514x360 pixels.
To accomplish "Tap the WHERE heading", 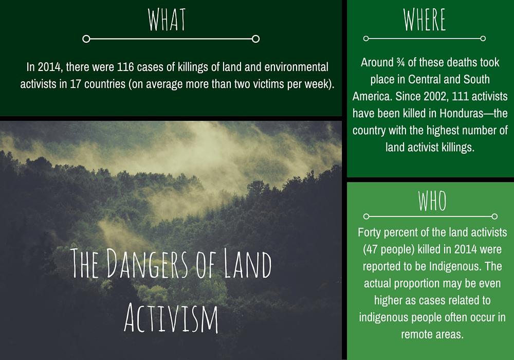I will click(425, 20).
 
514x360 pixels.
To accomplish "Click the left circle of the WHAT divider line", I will click(86, 39).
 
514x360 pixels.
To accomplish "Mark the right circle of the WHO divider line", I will click(494, 217).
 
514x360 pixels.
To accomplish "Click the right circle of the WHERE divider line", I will click(483, 39).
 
